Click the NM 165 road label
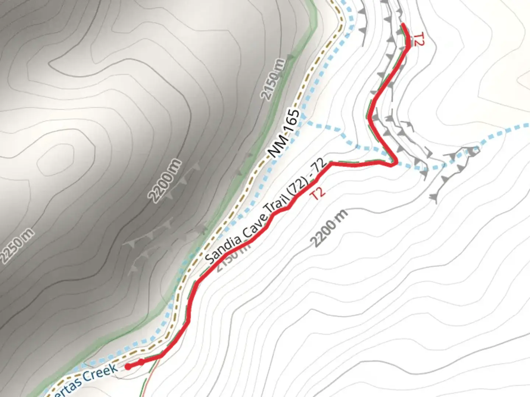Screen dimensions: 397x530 pos(284,133)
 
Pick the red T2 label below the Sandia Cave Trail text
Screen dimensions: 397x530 pos(318,194)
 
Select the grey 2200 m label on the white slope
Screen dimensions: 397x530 pos(329,228)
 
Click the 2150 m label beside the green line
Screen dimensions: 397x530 pos(273,79)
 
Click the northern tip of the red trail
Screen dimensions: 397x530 pos(403,25)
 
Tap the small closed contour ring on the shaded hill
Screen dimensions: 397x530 pos(55,158)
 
